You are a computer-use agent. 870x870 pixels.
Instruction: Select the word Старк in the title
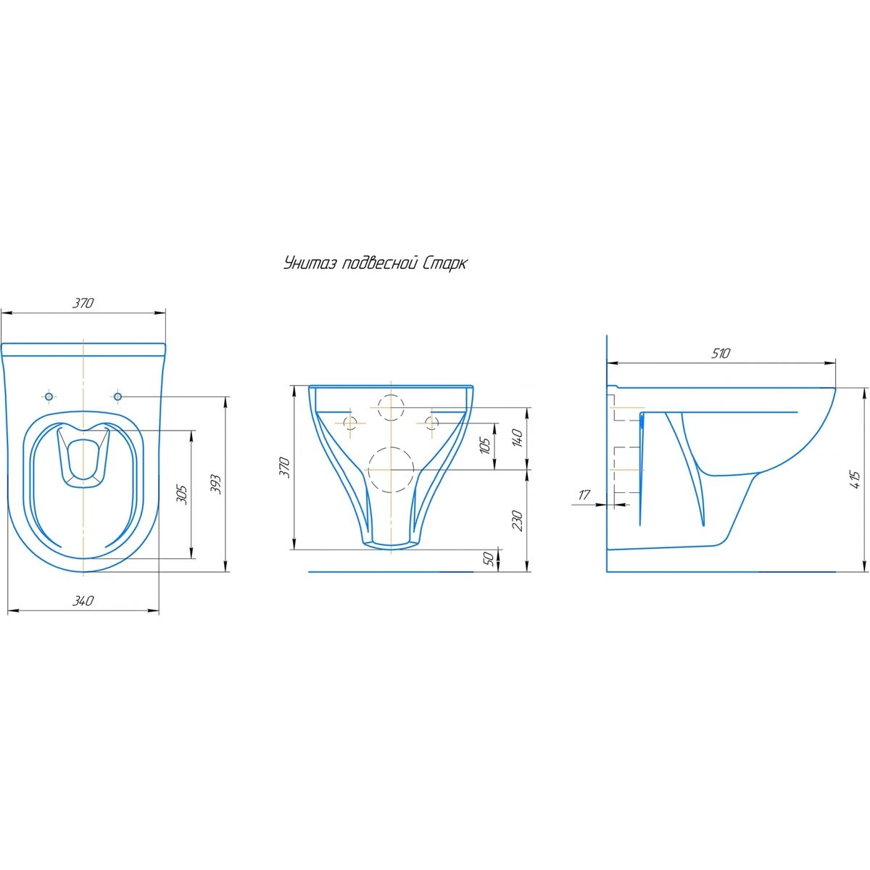pyautogui.click(x=444, y=264)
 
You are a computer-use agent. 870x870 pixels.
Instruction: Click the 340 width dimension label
pyautogui.click(x=83, y=600)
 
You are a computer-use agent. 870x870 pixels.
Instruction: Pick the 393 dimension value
pyautogui.click(x=217, y=484)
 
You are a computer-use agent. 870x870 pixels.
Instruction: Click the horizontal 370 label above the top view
pyautogui.click(x=83, y=303)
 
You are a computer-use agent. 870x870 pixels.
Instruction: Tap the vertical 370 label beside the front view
pyautogui.click(x=284, y=468)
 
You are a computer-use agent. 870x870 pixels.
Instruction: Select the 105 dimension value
pyautogui.click(x=484, y=446)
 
